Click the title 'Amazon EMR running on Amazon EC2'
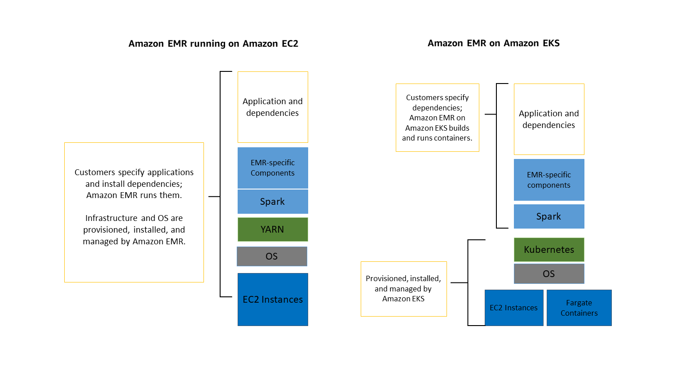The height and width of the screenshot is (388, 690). click(x=213, y=44)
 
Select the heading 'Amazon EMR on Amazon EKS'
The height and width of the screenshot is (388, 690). click(x=493, y=43)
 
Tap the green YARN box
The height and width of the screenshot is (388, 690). click(x=272, y=229)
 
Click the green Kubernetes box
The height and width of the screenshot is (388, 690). click(x=549, y=250)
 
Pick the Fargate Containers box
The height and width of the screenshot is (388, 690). click(x=579, y=308)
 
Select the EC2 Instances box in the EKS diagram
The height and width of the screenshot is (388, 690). click(x=514, y=308)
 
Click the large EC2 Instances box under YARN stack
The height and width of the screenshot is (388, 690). click(x=273, y=299)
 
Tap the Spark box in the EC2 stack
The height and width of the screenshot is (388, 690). click(x=273, y=202)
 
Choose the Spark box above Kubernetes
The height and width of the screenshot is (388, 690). click(x=549, y=216)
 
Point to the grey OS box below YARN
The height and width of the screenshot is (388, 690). click(x=272, y=256)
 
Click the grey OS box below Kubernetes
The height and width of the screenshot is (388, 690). click(x=549, y=274)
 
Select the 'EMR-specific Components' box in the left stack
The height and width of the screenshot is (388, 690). click(x=273, y=168)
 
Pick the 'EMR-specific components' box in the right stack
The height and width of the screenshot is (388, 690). click(x=549, y=180)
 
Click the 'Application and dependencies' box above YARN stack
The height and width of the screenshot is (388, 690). click(x=273, y=107)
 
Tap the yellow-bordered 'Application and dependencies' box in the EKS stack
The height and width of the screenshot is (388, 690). click(x=549, y=119)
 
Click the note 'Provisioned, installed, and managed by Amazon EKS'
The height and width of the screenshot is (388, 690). click(x=403, y=289)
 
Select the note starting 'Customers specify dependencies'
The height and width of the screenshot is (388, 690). click(x=437, y=118)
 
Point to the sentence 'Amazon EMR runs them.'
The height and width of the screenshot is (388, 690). click(x=134, y=195)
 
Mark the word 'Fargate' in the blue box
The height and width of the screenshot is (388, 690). click(x=579, y=303)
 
